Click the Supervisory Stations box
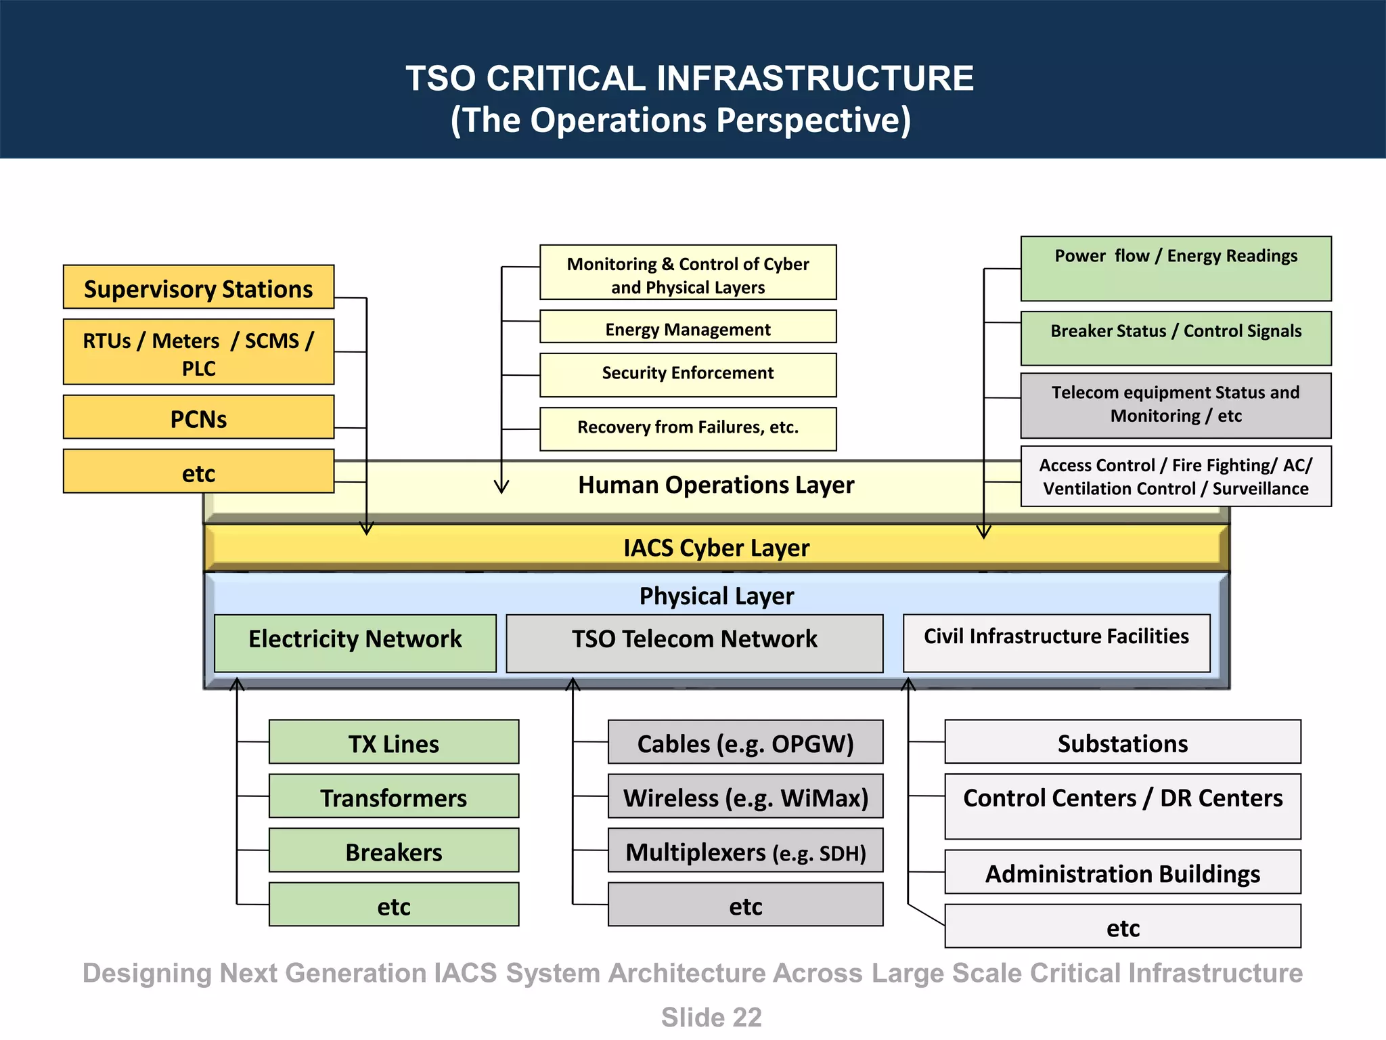(x=198, y=288)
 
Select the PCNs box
(x=198, y=418)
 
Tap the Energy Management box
(x=688, y=328)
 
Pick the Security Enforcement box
(x=688, y=374)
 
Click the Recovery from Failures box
(x=688, y=429)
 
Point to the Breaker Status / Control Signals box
(x=1176, y=338)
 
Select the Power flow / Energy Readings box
(x=1176, y=268)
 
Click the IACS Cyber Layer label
(x=716, y=548)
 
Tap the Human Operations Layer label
(x=716, y=485)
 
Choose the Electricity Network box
(x=355, y=643)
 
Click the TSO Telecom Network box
(x=694, y=643)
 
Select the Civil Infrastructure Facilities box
(x=1056, y=643)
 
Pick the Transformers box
(x=394, y=796)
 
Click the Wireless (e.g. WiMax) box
(x=745, y=796)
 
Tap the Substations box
(x=1122, y=742)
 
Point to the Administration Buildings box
(x=1122, y=872)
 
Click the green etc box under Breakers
(x=394, y=905)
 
